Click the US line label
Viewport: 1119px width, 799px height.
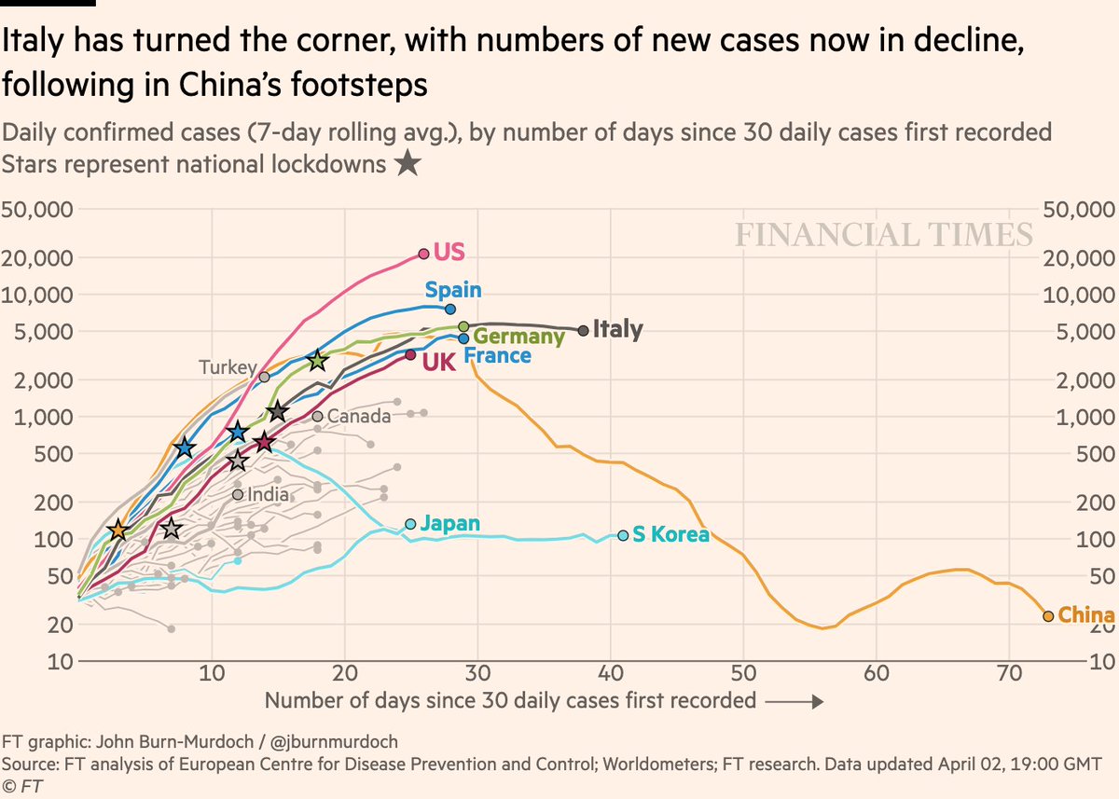(x=449, y=253)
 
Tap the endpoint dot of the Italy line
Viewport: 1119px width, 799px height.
(x=584, y=330)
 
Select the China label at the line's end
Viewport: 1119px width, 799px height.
(x=1086, y=616)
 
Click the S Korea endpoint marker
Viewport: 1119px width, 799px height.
(x=623, y=535)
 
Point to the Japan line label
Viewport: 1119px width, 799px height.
(x=449, y=524)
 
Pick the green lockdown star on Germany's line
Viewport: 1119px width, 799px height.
(x=318, y=361)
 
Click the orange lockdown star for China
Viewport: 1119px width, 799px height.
(x=117, y=530)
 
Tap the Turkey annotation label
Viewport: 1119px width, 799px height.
(x=227, y=368)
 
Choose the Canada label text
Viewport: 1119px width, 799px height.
(x=358, y=417)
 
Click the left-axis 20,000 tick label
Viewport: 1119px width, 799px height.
(x=38, y=257)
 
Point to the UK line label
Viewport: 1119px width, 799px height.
(x=439, y=363)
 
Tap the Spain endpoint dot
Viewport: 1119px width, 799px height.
(x=450, y=309)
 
